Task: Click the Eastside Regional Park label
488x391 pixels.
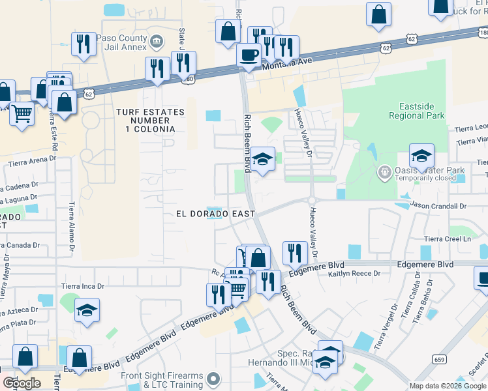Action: [416, 111]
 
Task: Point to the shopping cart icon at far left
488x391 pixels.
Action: [22, 113]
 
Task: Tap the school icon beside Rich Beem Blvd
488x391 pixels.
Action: [262, 158]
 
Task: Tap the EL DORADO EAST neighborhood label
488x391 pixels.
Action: [215, 214]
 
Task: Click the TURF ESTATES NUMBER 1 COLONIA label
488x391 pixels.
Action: [149, 121]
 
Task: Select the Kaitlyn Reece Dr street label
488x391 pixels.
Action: [354, 274]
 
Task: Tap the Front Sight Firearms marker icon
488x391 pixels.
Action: [213, 378]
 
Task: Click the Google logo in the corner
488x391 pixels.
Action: [22, 383]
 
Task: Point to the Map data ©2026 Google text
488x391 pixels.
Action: [448, 386]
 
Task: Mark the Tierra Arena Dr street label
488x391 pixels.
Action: [31, 158]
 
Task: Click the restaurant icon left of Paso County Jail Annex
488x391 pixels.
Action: [82, 44]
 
